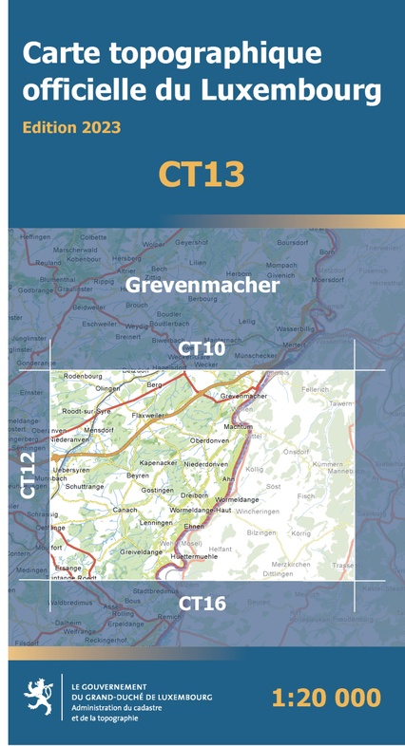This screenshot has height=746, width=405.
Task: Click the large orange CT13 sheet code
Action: tap(202, 174)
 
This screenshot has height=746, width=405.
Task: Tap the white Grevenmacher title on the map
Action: tap(202, 284)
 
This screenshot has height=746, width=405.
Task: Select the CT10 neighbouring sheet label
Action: tap(202, 349)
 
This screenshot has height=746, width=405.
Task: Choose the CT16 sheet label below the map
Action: tap(202, 603)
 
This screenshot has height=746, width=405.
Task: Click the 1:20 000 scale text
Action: tap(325, 699)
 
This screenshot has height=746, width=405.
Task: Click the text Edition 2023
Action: tap(71, 126)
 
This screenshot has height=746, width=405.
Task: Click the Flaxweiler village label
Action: tap(148, 415)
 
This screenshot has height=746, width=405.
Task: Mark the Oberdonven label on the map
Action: tap(210, 441)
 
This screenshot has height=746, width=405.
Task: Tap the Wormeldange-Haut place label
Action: tap(200, 510)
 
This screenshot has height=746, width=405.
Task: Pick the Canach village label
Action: tap(125, 510)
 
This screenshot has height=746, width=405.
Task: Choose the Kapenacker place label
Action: tap(159, 462)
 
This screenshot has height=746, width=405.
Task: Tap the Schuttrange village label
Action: tap(86, 486)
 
